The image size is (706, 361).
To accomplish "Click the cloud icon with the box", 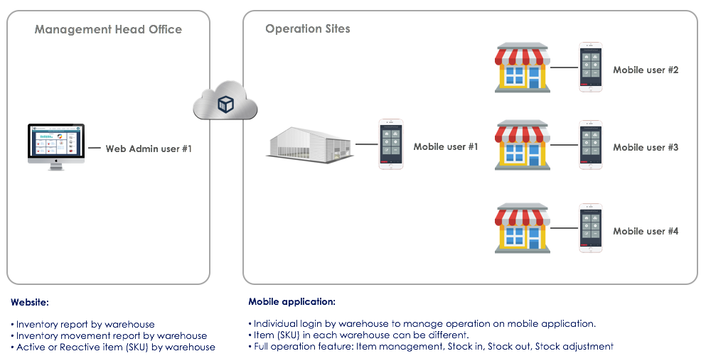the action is (x=225, y=101).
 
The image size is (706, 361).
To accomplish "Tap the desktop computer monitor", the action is (x=56, y=146).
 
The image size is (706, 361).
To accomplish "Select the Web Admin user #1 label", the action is (x=149, y=149).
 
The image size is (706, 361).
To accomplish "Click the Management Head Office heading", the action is (x=109, y=29).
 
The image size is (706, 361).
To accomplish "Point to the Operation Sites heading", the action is (x=308, y=29).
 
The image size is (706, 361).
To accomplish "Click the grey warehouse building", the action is (x=309, y=143).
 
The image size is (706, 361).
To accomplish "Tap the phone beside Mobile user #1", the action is (x=391, y=144).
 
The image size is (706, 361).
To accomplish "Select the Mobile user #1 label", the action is (x=446, y=146).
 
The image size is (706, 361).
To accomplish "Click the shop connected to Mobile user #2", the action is (x=523, y=68).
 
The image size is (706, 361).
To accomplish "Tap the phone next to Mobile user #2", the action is (x=591, y=68).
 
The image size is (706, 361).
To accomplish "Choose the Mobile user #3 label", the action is (x=646, y=148).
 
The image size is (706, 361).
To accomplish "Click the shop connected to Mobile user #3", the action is (x=523, y=145).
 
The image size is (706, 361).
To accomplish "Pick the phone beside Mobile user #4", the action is (x=591, y=228).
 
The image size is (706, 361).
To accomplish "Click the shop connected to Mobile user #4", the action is (x=523, y=228).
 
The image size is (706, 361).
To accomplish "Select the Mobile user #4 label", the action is (x=646, y=232).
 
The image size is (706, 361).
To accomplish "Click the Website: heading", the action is (x=30, y=303).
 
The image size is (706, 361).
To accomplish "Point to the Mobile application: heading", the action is (x=292, y=301).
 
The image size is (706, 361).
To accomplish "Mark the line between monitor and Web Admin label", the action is (x=95, y=148).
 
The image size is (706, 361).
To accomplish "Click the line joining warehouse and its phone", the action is (x=366, y=144).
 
